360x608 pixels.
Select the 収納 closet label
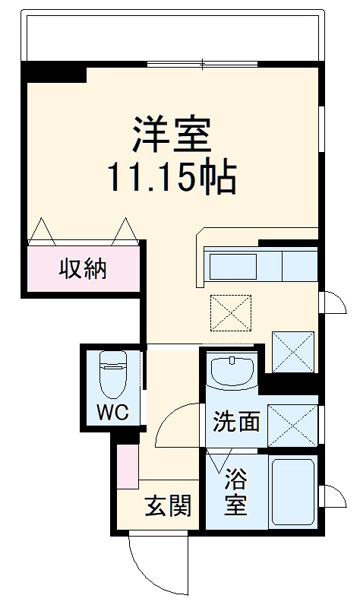click(x=84, y=268)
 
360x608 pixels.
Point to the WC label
click(x=112, y=413)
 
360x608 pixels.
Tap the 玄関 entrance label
click(x=168, y=505)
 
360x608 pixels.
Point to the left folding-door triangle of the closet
click(x=43, y=231)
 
